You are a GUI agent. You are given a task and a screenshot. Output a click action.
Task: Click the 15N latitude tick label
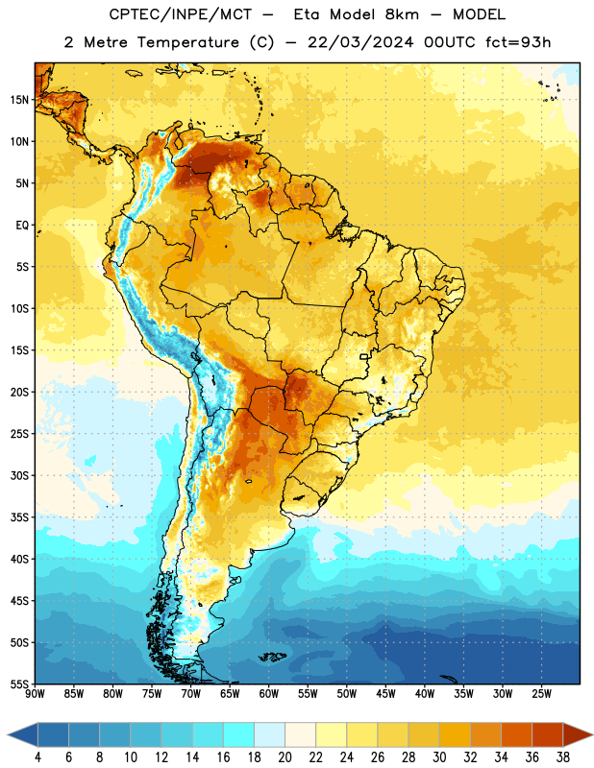(19, 100)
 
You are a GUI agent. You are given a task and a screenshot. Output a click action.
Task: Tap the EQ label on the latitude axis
(22, 226)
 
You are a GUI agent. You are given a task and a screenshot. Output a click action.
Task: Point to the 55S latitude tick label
(19, 684)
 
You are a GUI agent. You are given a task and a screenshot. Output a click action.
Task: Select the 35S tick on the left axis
(19, 517)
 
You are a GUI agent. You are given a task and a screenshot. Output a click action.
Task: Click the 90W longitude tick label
(35, 694)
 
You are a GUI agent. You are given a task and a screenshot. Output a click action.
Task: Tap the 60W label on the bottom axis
(269, 694)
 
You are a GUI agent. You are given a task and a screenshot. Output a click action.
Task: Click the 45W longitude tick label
(385, 694)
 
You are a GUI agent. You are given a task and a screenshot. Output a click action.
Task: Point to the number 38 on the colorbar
(563, 757)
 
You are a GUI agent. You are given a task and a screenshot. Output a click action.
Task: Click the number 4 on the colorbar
(37, 757)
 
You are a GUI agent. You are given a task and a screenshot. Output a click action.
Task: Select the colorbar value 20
(285, 757)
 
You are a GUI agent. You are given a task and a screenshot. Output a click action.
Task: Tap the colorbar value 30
(439, 757)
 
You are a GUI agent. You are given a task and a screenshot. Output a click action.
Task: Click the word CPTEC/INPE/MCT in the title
(181, 14)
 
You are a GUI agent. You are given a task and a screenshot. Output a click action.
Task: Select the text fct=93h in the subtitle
(518, 42)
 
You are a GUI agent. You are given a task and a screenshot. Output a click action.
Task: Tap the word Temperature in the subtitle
(187, 42)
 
